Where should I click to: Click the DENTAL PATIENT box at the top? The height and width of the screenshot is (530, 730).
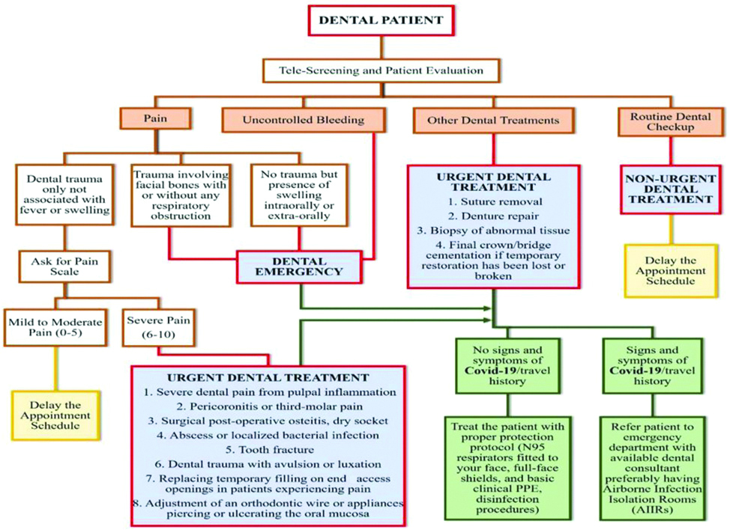(381, 20)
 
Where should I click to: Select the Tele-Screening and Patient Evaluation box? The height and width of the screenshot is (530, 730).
(381, 71)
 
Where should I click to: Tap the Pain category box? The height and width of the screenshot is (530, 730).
(155, 120)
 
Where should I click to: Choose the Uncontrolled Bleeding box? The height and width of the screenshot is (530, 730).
(303, 120)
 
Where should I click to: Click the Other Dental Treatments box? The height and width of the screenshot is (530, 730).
(492, 120)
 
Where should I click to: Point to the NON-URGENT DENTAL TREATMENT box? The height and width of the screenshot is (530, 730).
(668, 189)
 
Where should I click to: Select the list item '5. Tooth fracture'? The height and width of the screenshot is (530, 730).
(268, 449)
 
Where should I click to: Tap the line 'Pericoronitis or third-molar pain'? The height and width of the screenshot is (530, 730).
(268, 406)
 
